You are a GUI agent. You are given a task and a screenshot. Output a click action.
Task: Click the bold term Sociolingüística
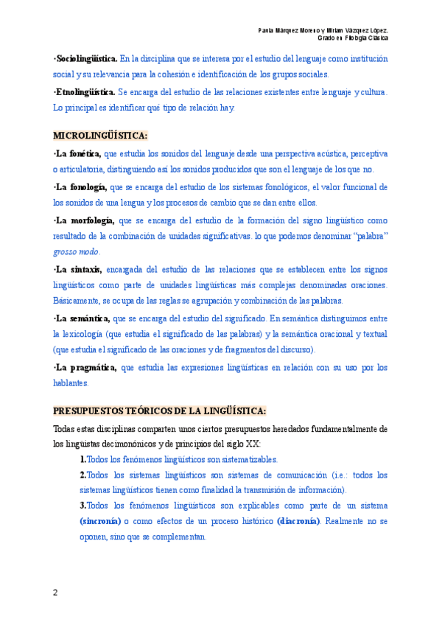[x=85, y=57]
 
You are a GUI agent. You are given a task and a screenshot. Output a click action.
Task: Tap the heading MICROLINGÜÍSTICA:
[x=100, y=136]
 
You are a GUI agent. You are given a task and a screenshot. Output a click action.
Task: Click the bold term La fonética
[x=77, y=153]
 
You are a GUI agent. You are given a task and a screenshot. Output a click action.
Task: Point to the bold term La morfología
[x=83, y=220]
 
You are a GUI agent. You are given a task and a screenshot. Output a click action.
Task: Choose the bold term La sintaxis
[x=78, y=269]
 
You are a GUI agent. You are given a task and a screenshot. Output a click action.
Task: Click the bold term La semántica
[x=82, y=318]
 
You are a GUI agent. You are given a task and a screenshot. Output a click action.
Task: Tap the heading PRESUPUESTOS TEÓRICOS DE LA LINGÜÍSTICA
[x=159, y=411]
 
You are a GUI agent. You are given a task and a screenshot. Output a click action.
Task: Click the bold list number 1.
[x=83, y=459]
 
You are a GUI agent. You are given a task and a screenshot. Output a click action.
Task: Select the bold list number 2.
[x=83, y=475]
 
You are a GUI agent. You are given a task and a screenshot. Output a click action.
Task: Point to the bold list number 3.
[x=83, y=506]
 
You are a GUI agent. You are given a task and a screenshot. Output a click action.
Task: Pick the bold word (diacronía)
[x=298, y=521]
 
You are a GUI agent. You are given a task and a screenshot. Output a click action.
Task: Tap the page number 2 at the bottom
[x=56, y=593]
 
